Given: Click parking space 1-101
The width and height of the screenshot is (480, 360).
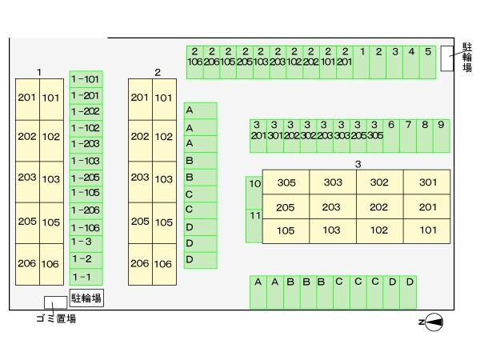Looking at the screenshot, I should [86, 79].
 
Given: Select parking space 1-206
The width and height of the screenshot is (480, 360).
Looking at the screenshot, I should [86, 210].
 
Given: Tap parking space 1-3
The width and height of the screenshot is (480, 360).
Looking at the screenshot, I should [86, 242].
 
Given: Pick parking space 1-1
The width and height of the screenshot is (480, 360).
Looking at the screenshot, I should [86, 277].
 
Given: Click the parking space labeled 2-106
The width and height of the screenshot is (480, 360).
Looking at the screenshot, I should [194, 62].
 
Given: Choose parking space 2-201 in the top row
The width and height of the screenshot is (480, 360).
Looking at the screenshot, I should [345, 62].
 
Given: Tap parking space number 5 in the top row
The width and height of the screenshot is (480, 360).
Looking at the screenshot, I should [428, 62].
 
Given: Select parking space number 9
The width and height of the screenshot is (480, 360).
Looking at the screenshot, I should [441, 135].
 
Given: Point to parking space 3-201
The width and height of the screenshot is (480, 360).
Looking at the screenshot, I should [258, 135].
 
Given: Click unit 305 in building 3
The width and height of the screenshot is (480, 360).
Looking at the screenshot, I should [286, 182].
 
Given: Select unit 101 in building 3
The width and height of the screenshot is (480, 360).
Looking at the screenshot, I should [427, 230].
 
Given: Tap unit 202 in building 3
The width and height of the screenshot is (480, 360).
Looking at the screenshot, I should [379, 207].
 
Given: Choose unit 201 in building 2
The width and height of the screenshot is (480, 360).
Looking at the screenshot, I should [140, 98].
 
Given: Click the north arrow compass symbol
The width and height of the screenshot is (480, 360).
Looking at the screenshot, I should [433, 322].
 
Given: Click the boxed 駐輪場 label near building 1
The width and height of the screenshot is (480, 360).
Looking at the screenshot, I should [86, 298].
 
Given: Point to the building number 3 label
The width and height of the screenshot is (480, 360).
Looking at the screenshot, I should [358, 164].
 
